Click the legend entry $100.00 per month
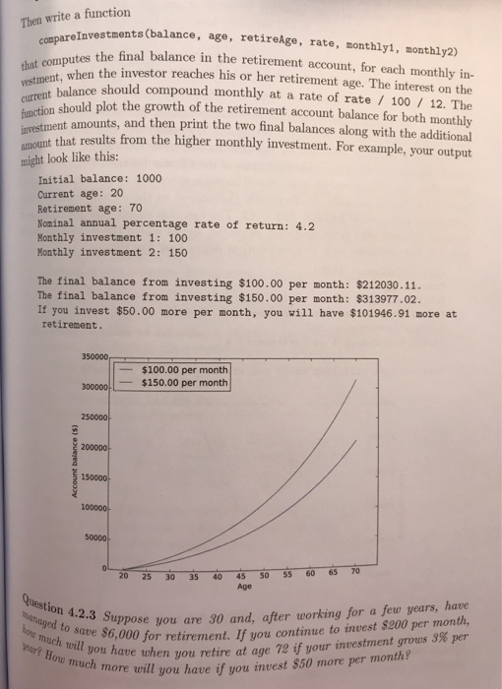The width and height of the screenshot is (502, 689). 185,369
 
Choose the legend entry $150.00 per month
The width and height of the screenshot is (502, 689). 185,382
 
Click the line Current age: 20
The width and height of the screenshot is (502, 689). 78,195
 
